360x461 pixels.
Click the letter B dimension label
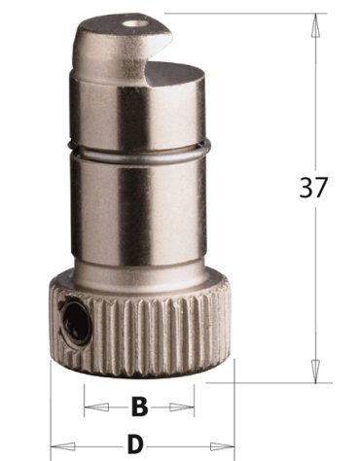(x=140, y=407)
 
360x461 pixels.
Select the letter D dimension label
(x=135, y=444)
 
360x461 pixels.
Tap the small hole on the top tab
(x=133, y=24)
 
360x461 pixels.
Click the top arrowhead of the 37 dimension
(x=314, y=25)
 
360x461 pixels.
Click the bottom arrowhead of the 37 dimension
(x=314, y=371)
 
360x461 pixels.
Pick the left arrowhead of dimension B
(x=96, y=407)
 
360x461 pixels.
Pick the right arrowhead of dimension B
(x=182, y=407)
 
